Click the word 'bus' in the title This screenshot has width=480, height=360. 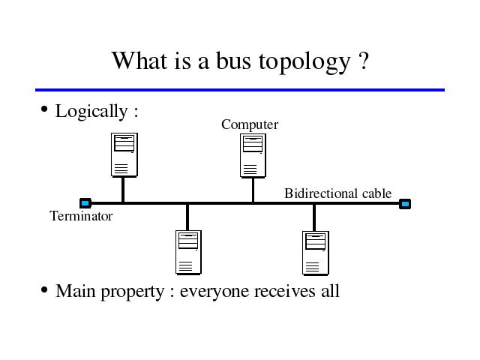pyautogui.click(x=233, y=61)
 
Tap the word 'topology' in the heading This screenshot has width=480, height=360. pyautogui.click(x=304, y=63)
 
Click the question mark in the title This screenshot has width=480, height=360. pyautogui.click(x=363, y=61)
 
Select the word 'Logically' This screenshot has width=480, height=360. pyautogui.click(x=91, y=112)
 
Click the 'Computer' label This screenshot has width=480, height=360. pyautogui.click(x=250, y=124)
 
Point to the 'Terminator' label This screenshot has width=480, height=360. pyautogui.click(x=81, y=216)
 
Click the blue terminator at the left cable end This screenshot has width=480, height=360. pyautogui.click(x=85, y=203)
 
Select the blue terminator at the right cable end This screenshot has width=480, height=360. pyautogui.click(x=405, y=203)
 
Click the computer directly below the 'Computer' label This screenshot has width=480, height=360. pyautogui.click(x=253, y=155)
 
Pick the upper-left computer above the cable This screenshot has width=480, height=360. pyautogui.click(x=124, y=155)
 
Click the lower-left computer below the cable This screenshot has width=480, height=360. pyautogui.click(x=188, y=253)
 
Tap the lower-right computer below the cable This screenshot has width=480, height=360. pyautogui.click(x=316, y=253)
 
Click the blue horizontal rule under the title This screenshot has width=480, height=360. pyautogui.click(x=240, y=90)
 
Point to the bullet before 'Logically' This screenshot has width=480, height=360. pyautogui.click(x=44, y=109)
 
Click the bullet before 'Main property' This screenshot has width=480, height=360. pyautogui.click(x=44, y=289)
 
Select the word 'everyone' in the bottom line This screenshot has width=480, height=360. pyautogui.click(x=214, y=292)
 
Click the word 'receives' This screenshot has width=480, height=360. pyautogui.click(x=285, y=291)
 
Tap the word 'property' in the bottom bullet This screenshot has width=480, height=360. pyautogui.click(x=133, y=292)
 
